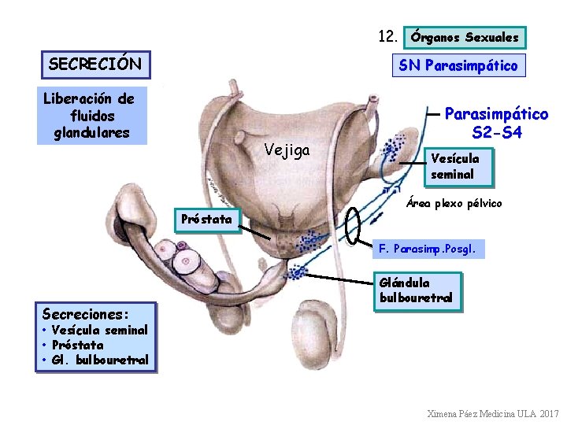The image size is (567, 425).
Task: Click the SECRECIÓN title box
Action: pos(95,64)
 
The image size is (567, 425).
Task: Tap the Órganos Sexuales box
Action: pos(465,37)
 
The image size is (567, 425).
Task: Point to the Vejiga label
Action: pos(287,150)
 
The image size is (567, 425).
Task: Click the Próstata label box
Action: pos(206,220)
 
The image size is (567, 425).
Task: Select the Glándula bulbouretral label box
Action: pos(416,290)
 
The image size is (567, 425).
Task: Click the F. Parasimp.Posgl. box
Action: pos(428,249)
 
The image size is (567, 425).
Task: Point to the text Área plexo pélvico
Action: pos(454,203)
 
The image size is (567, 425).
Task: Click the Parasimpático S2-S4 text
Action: pos(496,124)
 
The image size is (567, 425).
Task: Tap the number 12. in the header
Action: pos(387,36)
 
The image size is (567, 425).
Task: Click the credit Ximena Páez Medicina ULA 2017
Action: pos(492,414)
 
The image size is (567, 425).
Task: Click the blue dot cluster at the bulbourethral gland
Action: pos(297,272)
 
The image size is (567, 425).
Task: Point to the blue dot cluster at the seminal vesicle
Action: pos(393,148)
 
